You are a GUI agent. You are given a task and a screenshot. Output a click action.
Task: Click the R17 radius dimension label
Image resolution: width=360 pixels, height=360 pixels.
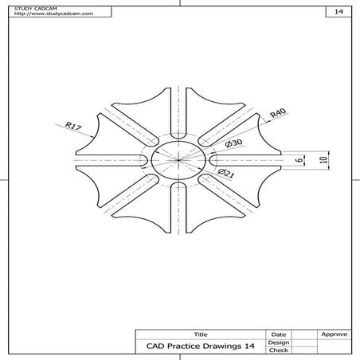[x=74, y=126]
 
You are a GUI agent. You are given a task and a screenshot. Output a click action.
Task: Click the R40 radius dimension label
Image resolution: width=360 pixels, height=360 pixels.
[x=277, y=114]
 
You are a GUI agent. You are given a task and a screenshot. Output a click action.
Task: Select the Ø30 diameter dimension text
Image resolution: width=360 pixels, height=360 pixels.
[x=234, y=143]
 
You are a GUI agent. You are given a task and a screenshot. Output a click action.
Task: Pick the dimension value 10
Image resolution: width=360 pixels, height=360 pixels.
[x=323, y=159]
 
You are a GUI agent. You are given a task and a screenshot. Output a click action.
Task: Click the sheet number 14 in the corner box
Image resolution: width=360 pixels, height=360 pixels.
[x=338, y=12]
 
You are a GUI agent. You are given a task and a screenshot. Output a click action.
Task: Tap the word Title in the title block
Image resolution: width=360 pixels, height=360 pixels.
[x=200, y=335]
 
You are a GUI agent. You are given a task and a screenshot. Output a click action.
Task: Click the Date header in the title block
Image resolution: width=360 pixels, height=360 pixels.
[x=278, y=335]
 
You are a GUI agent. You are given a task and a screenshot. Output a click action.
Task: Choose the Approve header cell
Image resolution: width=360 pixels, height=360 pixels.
[x=333, y=335]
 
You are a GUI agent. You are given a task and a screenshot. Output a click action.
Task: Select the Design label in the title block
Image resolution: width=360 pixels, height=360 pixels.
[x=278, y=342]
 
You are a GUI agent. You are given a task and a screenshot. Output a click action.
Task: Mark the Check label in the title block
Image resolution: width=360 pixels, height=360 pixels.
[x=278, y=350]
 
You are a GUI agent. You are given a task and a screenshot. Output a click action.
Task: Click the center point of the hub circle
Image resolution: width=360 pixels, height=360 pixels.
[x=180, y=159]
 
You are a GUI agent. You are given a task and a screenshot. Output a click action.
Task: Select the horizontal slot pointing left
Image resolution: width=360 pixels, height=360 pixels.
[x=112, y=159]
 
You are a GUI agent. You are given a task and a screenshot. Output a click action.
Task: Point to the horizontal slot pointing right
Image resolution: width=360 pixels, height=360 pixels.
[x=248, y=159]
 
